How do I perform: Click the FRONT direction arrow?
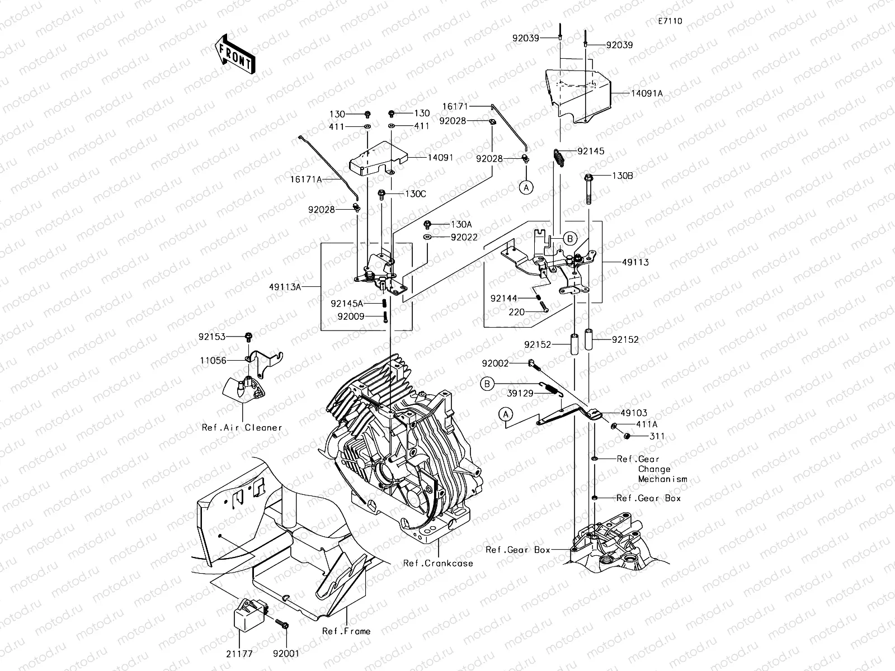(235, 54)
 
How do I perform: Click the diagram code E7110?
(670, 21)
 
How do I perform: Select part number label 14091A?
(647, 94)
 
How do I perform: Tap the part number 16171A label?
(306, 179)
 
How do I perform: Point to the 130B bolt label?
(623, 176)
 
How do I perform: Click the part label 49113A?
(285, 287)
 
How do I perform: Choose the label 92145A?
(347, 304)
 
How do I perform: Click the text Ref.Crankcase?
(438, 564)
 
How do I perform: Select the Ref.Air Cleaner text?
(242, 428)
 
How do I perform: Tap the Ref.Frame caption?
(346, 631)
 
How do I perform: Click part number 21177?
(239, 654)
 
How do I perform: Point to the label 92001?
(286, 654)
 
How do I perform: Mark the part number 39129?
(520, 394)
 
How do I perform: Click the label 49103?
(634, 414)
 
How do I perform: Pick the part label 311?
(657, 437)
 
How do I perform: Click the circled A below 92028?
(526, 188)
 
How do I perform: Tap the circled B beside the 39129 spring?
(487, 384)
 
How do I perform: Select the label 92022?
(464, 238)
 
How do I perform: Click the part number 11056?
(213, 361)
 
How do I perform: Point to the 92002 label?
(495, 364)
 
